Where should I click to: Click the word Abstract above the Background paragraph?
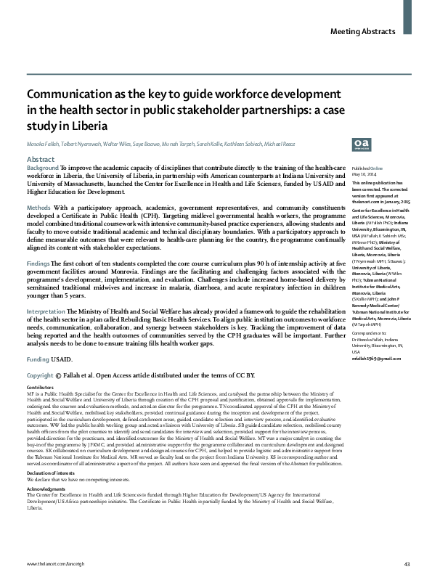(40, 158)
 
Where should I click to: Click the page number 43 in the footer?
(407, 563)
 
